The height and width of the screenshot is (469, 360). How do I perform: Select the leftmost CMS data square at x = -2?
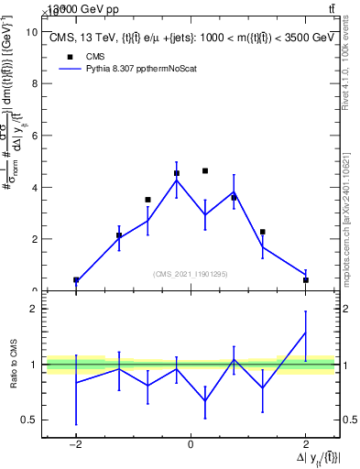[76, 280]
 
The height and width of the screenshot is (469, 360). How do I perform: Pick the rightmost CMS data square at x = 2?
[305, 280]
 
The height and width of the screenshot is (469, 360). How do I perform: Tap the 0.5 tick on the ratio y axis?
[32, 420]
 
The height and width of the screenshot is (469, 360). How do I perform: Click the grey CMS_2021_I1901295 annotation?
[190, 274]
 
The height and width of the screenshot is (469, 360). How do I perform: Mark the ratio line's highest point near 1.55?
[305, 333]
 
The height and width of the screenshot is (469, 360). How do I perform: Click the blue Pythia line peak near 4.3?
[177, 180]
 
